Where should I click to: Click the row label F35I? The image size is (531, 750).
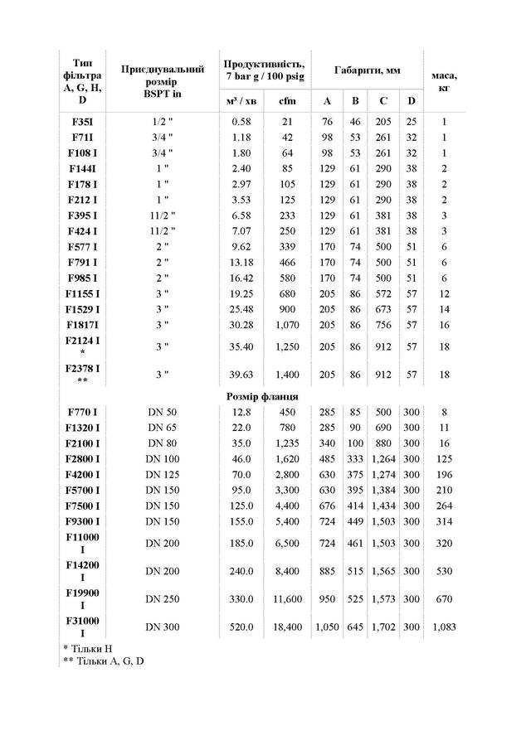[82, 122]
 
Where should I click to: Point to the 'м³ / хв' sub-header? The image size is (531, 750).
[241, 101]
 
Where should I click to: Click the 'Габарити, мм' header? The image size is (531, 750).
[368, 71]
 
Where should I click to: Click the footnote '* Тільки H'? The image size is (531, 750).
[90, 646]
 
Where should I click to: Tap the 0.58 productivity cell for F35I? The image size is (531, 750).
[241, 122]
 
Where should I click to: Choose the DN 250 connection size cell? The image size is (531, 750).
[162, 599]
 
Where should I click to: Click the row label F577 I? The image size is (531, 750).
[82, 246]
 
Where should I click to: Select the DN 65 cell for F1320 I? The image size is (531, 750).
[162, 428]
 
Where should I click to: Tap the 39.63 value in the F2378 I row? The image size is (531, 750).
[241, 374]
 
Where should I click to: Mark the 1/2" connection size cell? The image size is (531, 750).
[162, 122]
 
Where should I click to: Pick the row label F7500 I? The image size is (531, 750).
[82, 506]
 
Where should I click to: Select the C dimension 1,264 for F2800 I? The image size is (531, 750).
[383, 458]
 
